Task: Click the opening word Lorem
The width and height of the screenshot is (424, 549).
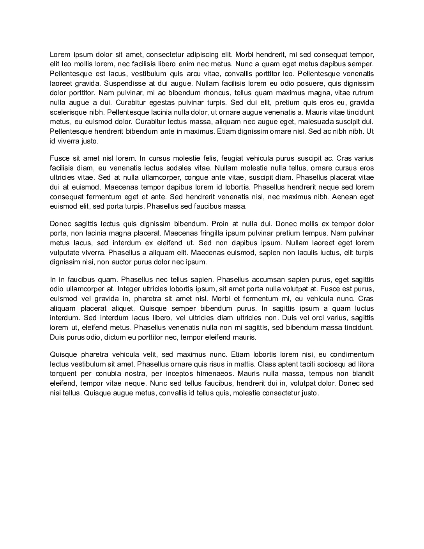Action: coord(60,55)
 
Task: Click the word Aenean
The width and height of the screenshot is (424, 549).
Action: coord(344,197)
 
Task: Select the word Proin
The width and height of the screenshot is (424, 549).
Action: coord(220,224)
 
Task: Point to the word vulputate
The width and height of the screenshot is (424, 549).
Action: coord(65,253)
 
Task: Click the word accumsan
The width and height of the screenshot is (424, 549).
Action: coord(268,280)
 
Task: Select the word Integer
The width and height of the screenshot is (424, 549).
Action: coord(128,289)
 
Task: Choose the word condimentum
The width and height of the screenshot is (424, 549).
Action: coord(352,354)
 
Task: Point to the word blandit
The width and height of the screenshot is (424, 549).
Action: coord(363,374)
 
